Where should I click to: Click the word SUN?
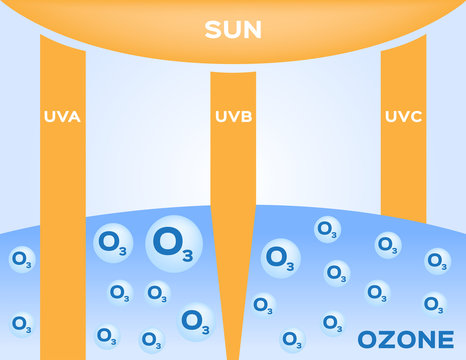tap(233, 30)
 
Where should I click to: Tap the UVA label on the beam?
tap(62, 117)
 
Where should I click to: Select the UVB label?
tap(233, 117)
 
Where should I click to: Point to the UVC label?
tap(403, 117)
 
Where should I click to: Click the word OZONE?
tap(404, 339)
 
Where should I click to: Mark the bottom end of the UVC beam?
tap(404, 219)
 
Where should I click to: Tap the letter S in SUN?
tap(213, 30)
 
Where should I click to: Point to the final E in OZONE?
tap(445, 339)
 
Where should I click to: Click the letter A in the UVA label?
tap(74, 117)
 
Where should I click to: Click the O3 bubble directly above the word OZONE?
tap(433, 302)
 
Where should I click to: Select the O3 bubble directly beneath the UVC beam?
tap(388, 244)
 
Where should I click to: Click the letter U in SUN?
tap(232, 30)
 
